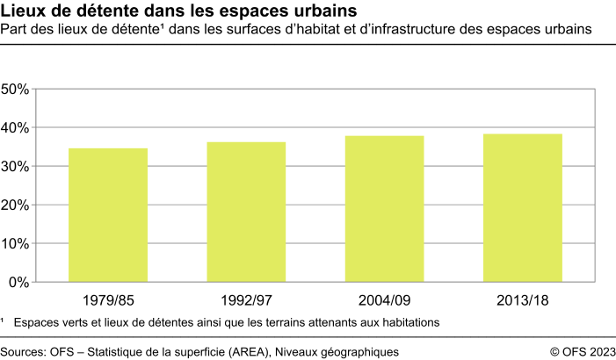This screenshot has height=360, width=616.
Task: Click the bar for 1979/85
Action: [108, 215]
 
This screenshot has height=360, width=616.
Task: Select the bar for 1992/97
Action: [246, 212]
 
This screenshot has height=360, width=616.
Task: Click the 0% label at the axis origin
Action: [20, 283]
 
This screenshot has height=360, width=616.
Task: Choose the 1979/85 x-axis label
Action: [108, 300]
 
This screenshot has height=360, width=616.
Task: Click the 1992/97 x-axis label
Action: [246, 300]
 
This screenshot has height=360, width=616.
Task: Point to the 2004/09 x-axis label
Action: [384, 300]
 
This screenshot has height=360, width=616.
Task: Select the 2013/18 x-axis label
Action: [522, 300]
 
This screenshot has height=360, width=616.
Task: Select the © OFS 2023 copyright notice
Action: [583, 351]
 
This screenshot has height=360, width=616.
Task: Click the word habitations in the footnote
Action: [403, 322]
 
